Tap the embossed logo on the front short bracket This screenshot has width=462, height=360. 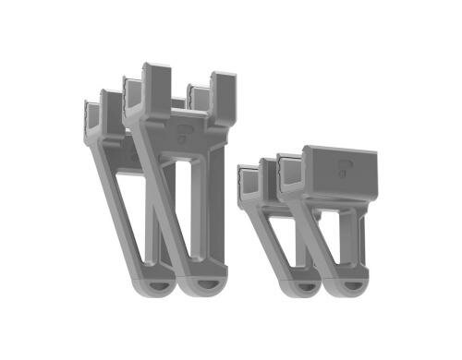(x=340, y=169)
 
